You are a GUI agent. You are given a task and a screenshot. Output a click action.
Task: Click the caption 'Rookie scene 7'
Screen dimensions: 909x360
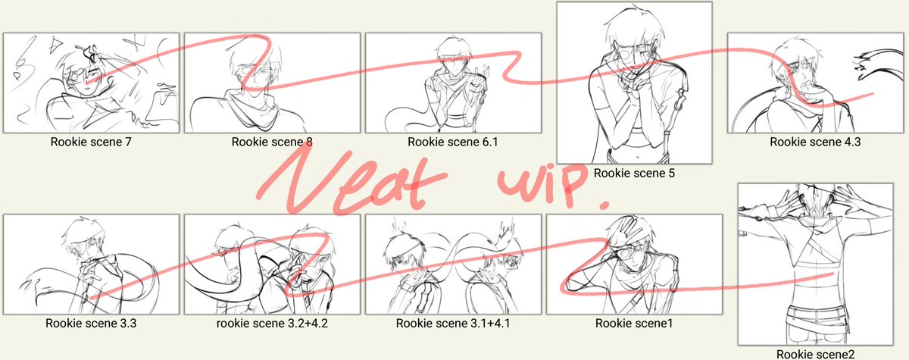click(x=91, y=142)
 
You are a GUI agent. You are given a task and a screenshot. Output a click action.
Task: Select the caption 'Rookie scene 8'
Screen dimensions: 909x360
click(x=272, y=142)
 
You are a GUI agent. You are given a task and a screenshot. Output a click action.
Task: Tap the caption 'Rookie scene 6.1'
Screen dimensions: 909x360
click(x=452, y=142)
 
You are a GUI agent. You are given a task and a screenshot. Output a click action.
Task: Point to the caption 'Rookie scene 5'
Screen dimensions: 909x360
click(x=634, y=174)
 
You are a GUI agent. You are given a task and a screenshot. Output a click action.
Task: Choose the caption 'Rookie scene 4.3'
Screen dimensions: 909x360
click(x=815, y=142)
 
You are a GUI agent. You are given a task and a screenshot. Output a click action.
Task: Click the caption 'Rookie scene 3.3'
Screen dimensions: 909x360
click(x=91, y=324)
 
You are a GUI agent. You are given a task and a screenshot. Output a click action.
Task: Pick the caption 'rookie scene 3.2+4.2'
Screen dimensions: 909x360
click(x=272, y=324)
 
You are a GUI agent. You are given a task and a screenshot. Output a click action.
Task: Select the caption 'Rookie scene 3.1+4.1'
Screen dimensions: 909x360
click(x=453, y=324)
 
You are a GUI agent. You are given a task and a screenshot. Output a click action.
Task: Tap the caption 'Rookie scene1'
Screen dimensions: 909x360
click(x=634, y=324)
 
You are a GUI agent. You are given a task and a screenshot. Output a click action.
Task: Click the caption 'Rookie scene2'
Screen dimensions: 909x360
click(x=815, y=354)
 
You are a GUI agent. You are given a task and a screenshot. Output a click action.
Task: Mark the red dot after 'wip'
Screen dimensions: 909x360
click(x=604, y=205)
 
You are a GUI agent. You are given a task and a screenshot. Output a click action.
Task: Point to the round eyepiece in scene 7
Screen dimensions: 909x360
click(x=75, y=76)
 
